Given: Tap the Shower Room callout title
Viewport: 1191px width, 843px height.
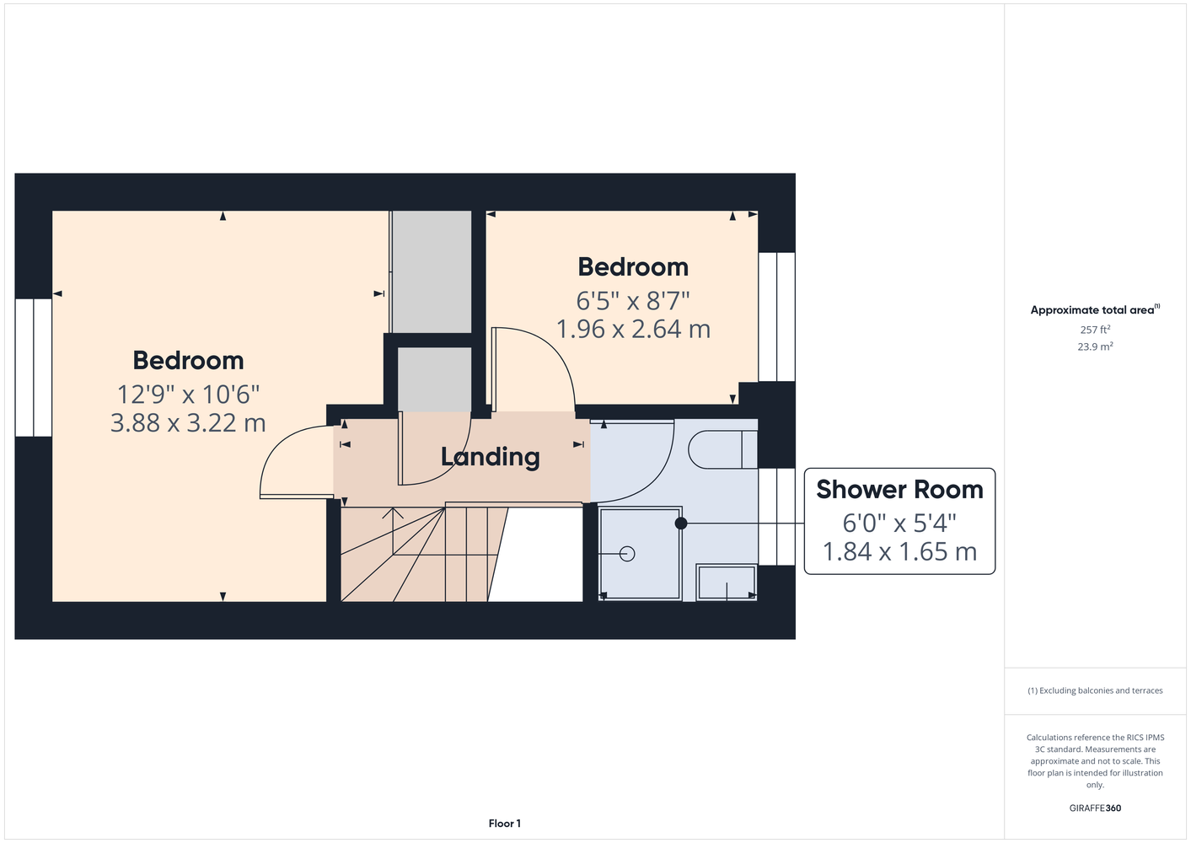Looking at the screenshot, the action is point(899,489).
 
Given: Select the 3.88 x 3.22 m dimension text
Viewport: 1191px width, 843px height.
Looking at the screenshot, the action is point(188,423).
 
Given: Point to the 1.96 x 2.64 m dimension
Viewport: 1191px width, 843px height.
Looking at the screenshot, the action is point(633,330).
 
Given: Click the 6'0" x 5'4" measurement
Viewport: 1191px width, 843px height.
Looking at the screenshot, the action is point(899,524).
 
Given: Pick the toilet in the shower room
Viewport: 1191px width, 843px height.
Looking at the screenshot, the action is point(722,449).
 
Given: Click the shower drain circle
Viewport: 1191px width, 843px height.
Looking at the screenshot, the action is point(627,554).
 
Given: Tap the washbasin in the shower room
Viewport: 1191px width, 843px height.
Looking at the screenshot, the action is point(727,583).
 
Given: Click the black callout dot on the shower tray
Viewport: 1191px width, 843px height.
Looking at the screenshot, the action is point(681,524).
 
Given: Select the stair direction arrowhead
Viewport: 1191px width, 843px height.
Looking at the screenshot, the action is point(393,513).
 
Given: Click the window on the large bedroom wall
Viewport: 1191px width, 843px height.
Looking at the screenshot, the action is point(34,368).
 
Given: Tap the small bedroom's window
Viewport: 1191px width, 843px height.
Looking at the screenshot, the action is point(777,316).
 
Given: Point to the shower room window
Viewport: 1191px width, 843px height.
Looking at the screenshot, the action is point(777,517).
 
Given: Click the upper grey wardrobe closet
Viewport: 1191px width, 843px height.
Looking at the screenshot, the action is point(432,271).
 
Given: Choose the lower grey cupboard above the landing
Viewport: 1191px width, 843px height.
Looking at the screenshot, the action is point(434,379).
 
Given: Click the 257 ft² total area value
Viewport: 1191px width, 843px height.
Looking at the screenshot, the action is point(1095,330).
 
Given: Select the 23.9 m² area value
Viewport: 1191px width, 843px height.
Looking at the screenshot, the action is point(1095,346).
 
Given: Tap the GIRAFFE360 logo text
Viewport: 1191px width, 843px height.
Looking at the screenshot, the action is point(1095,808).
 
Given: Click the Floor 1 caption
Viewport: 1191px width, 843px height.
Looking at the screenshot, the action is point(505,824).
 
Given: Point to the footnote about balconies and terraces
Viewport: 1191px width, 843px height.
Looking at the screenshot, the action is point(1095,690).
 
